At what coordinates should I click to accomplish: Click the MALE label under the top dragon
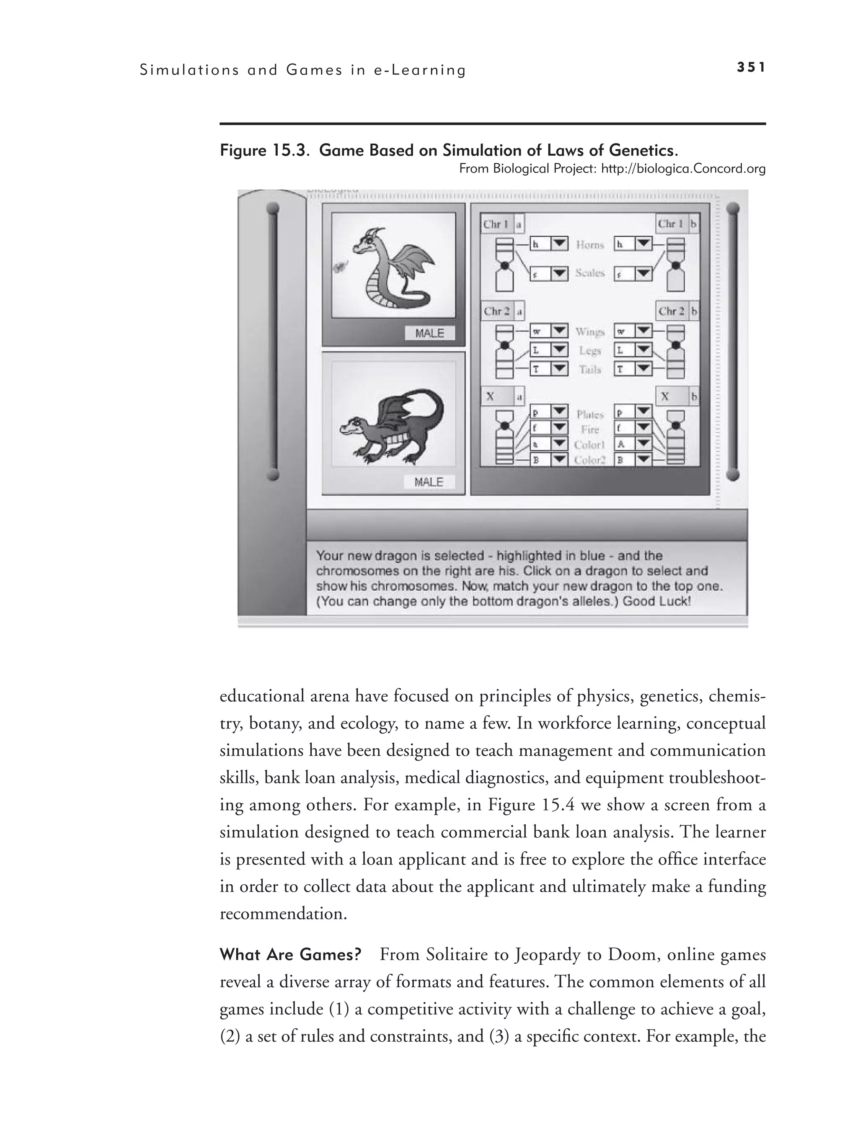pos(429,333)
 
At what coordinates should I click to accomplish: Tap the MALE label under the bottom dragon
pos(429,482)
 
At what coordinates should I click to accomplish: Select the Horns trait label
pos(590,245)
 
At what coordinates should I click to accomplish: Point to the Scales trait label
pos(590,273)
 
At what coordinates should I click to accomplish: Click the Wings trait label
pos(590,332)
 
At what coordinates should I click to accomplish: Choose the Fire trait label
pos(590,429)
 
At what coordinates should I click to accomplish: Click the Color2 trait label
pos(590,460)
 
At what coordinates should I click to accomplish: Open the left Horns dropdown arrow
pos(559,244)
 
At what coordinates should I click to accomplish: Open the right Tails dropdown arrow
pos(643,368)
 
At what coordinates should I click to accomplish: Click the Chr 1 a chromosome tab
pos(502,224)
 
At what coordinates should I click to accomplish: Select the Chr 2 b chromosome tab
pos(677,311)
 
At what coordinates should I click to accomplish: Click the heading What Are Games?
pos(290,955)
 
